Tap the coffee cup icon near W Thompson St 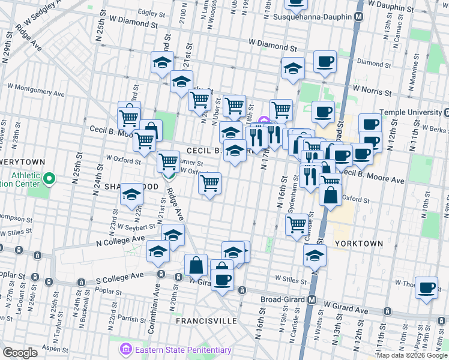427,288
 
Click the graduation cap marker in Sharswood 131,196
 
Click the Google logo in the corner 20,353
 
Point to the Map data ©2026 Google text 411,355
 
